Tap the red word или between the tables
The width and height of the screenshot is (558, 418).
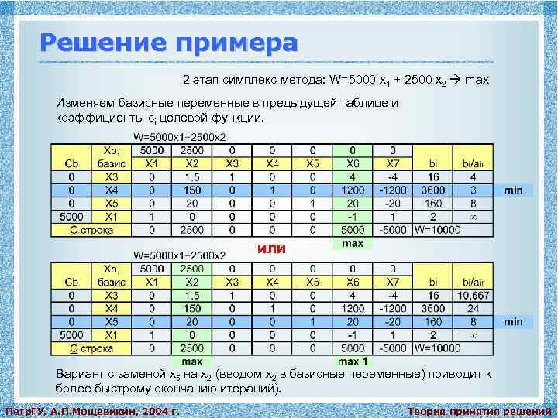click(271, 248)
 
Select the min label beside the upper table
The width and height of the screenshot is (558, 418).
click(514, 189)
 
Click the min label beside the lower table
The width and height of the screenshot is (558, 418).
click(514, 321)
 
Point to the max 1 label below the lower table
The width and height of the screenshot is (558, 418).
click(353, 361)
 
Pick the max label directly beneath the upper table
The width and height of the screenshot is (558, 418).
click(353, 243)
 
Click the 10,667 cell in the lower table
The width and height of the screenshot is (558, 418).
click(473, 295)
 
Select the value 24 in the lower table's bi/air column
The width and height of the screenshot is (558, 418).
click(473, 308)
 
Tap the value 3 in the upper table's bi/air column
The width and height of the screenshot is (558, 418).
click(473, 189)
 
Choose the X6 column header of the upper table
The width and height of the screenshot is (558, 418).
click(353, 163)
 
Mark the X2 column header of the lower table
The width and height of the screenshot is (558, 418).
click(192, 282)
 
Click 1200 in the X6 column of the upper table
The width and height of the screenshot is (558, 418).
click(353, 189)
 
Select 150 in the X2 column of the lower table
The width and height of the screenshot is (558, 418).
click(192, 308)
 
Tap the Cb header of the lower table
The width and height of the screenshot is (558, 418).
click(71, 282)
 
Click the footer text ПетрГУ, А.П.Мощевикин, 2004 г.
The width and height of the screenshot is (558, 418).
click(92, 410)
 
